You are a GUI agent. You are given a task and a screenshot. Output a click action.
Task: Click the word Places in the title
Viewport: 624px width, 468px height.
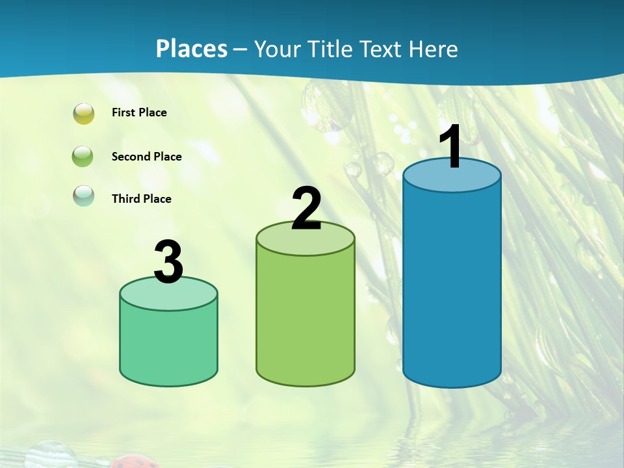click(x=192, y=49)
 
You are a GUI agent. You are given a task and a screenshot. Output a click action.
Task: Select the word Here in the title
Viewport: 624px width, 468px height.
click(x=435, y=49)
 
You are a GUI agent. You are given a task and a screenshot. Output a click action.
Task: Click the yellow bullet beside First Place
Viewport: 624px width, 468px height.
click(x=84, y=113)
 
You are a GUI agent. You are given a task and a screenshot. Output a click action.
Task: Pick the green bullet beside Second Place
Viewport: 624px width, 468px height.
click(x=83, y=157)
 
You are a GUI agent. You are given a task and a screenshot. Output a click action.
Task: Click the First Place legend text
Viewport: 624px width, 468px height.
click(x=139, y=112)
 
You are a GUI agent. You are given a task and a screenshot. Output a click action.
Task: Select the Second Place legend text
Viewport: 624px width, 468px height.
click(x=146, y=157)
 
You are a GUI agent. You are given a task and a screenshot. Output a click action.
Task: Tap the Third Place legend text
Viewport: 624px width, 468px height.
click(x=141, y=199)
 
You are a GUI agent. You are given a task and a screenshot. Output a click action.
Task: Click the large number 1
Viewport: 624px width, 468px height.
click(x=451, y=148)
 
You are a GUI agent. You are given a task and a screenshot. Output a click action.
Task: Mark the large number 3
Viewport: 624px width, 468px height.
click(x=168, y=262)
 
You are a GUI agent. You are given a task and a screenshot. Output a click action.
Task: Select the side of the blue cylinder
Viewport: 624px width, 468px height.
click(x=452, y=286)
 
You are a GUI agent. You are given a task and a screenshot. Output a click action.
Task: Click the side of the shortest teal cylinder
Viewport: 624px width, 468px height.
click(x=168, y=344)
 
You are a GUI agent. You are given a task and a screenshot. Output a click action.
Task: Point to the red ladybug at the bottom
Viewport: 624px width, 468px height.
click(x=134, y=461)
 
